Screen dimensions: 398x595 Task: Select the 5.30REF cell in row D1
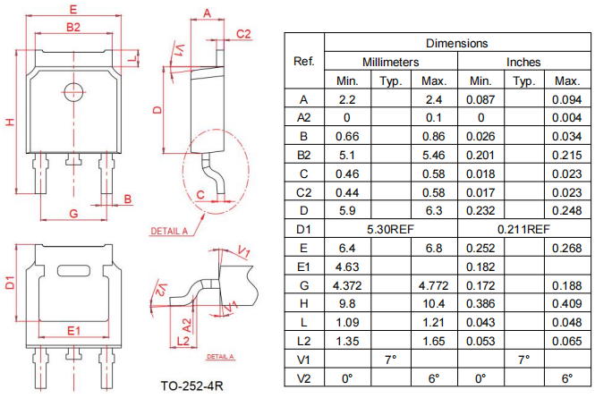tap(390, 229)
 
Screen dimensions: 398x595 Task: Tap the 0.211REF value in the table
tap(524, 229)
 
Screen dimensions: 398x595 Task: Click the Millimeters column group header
tap(390, 63)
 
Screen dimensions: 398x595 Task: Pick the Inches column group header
tap(524, 63)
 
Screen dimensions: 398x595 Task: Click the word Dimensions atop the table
tap(456, 43)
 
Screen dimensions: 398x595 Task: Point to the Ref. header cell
tap(303, 62)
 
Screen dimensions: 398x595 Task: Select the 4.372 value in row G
tap(347, 285)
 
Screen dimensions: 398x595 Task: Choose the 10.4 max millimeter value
tap(434, 304)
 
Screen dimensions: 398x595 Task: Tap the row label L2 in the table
tap(303, 342)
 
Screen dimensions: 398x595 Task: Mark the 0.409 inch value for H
tap(567, 304)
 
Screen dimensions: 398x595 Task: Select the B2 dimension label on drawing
tap(73, 28)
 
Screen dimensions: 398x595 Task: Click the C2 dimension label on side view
tap(243, 34)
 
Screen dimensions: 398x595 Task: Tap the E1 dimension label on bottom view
tap(74, 331)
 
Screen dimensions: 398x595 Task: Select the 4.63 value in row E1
tap(347, 267)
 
